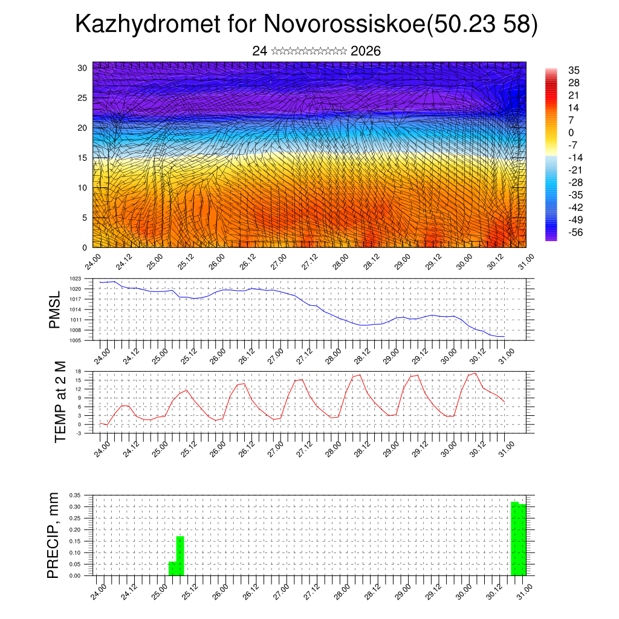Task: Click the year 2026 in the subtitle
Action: click(x=365, y=51)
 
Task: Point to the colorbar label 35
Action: click(x=574, y=70)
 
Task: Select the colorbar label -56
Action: click(x=575, y=232)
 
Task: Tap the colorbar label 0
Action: click(x=571, y=132)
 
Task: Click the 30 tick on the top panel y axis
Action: click(x=83, y=68)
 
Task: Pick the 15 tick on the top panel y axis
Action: click(x=83, y=158)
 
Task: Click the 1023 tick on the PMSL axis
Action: click(x=75, y=279)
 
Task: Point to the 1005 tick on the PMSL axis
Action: click(x=75, y=340)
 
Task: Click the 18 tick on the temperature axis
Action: click(x=78, y=371)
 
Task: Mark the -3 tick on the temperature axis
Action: click(x=78, y=433)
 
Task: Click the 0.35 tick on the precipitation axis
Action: click(x=74, y=495)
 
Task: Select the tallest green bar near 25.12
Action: click(x=180, y=556)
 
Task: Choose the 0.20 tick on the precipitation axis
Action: click(x=74, y=530)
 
